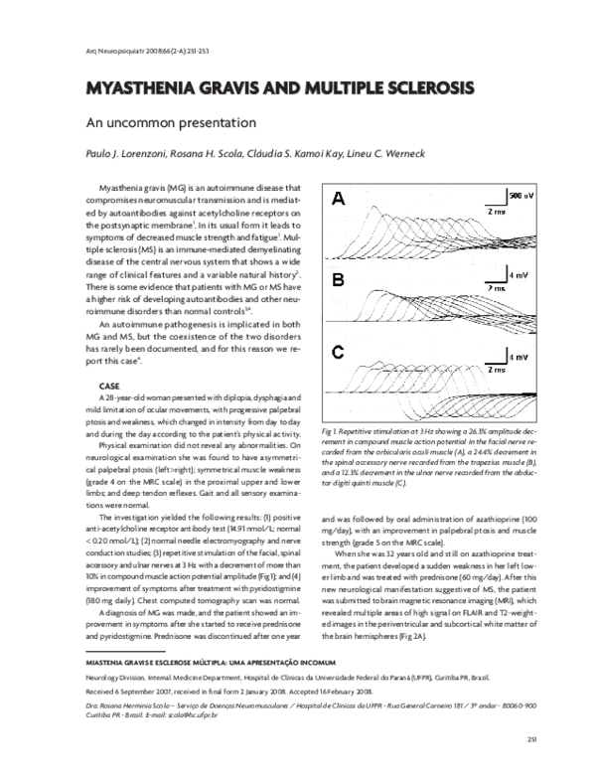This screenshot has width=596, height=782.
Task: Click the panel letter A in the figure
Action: pyautogui.click(x=339, y=200)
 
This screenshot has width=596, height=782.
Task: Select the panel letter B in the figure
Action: pyautogui.click(x=339, y=280)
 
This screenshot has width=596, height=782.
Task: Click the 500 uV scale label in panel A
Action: pyautogui.click(x=521, y=197)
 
